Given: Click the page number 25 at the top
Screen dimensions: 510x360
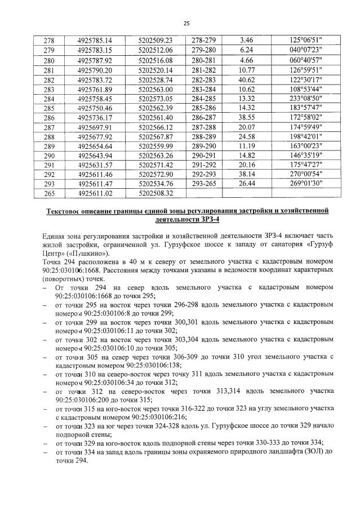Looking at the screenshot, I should [x=186, y=23].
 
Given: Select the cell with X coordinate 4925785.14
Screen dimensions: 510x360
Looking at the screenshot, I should [x=96, y=40].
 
